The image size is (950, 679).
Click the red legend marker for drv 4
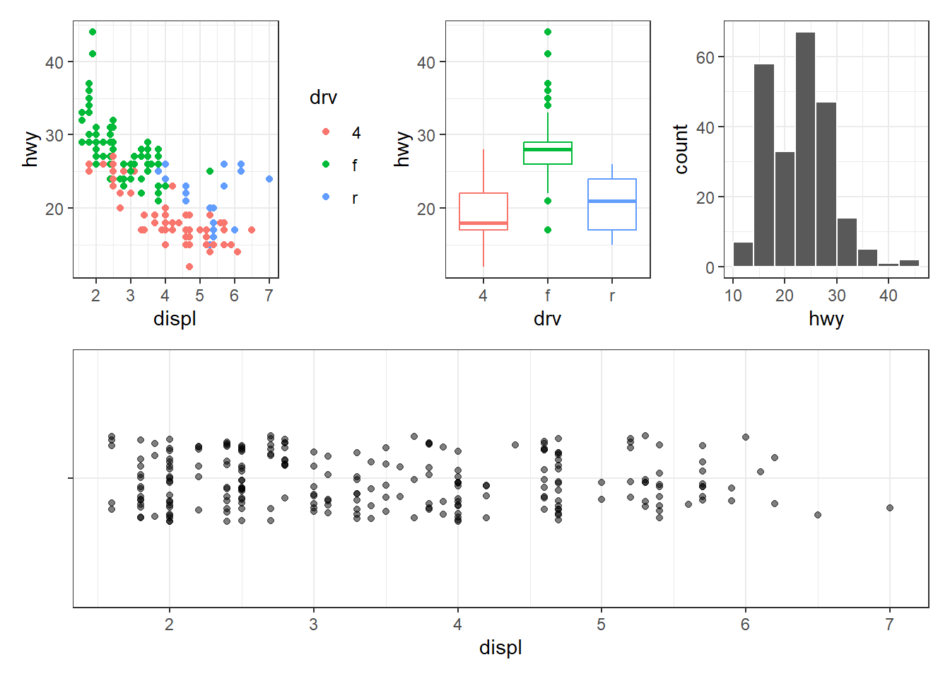[x=326, y=132]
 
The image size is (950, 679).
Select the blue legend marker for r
[x=326, y=197]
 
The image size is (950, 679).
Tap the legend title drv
[x=323, y=98]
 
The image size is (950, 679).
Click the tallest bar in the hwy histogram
[x=805, y=149]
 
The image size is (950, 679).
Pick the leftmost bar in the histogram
[x=743, y=254]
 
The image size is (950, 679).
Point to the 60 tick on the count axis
[x=705, y=57]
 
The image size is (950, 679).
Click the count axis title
[x=681, y=149]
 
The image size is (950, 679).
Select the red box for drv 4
[x=483, y=211]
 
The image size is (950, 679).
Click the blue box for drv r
[x=612, y=204]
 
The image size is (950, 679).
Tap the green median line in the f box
[x=548, y=149]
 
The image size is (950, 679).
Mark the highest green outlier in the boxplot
[x=548, y=32]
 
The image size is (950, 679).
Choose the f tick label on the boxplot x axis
[x=548, y=296]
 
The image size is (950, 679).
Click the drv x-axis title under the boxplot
[x=548, y=319]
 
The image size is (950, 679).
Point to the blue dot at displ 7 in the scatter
[x=269, y=179]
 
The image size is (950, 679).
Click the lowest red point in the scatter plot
[x=189, y=267]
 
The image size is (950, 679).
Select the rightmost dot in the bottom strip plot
[x=890, y=508]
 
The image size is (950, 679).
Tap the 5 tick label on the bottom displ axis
[x=602, y=625]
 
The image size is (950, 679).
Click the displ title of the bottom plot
[x=500, y=648]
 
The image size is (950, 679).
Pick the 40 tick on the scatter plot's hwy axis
[x=54, y=62]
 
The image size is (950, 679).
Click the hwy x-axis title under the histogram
[x=826, y=319]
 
